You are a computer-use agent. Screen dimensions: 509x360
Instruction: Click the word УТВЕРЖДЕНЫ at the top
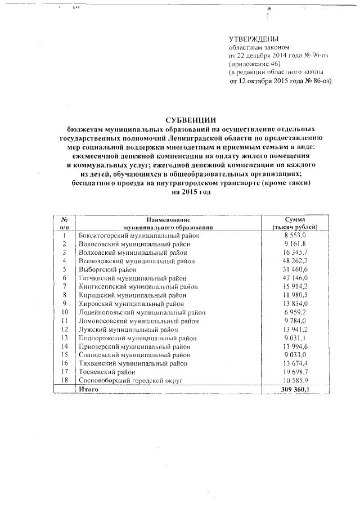pos(253,39)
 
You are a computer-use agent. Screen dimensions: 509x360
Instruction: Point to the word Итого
pos(89,389)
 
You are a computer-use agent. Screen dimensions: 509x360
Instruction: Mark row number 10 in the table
pos(65,312)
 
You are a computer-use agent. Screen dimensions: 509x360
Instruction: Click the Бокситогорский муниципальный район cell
pos(136,235)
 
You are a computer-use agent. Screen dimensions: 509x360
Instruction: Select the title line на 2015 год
pos(191,192)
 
